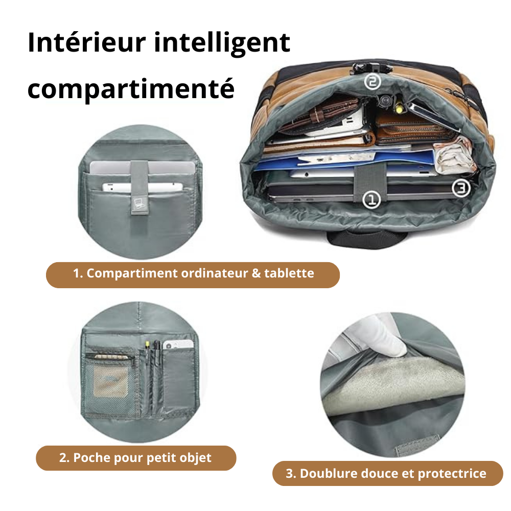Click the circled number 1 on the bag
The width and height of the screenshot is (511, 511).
tap(371, 199)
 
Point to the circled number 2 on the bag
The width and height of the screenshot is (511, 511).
tap(373, 81)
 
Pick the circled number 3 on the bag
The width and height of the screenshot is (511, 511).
tap(461, 188)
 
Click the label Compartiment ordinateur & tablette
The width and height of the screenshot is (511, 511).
tap(193, 273)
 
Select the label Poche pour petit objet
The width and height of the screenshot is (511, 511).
tap(135, 457)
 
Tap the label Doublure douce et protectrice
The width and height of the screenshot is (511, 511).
tap(386, 473)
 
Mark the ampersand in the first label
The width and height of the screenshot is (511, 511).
tap(256, 273)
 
